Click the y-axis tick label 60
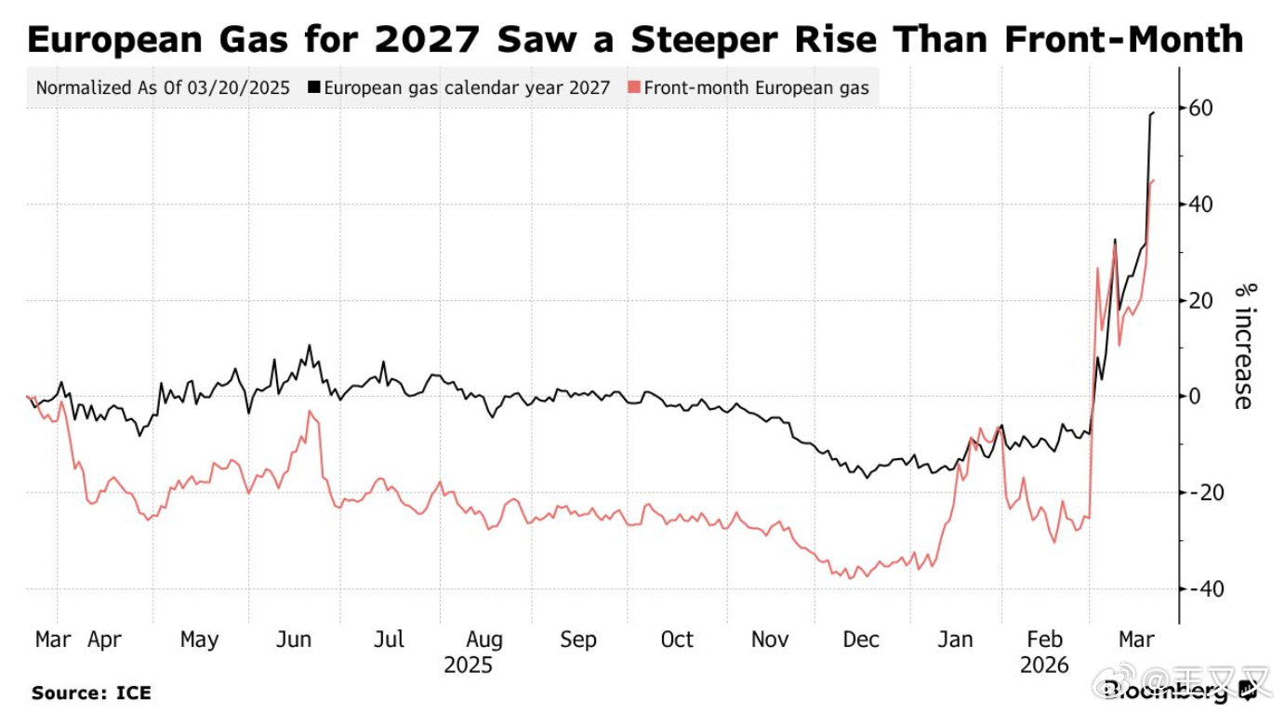tap(1199, 108)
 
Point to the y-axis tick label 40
tap(1199, 204)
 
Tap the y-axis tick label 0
tap(1193, 397)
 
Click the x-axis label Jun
tap(294, 640)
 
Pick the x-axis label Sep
tap(577, 640)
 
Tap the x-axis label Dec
tap(861, 640)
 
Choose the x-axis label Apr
tap(104, 640)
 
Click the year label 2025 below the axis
tap(469, 666)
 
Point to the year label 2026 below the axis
tap(1044, 666)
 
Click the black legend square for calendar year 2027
tap(315, 88)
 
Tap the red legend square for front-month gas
tap(635, 88)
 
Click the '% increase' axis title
tap(1243, 345)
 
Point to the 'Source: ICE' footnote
tap(91, 692)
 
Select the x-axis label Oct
tap(677, 640)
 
